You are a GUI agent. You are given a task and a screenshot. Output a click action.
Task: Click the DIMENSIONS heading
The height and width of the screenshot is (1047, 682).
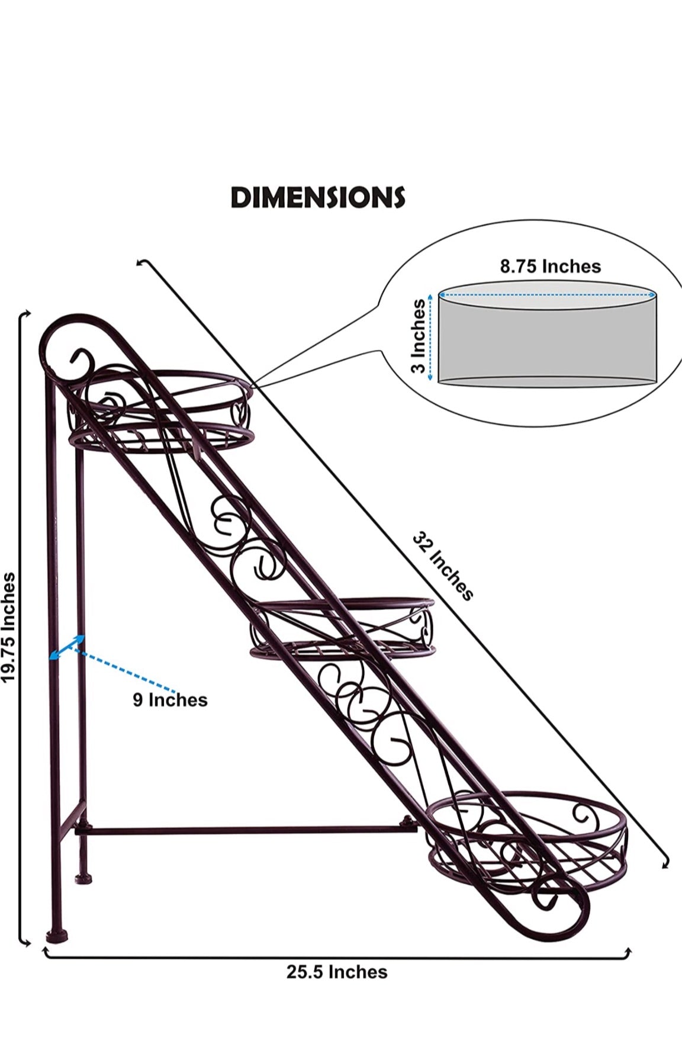coord(318,197)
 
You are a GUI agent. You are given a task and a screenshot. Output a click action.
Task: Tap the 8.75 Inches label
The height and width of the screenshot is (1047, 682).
coord(550,266)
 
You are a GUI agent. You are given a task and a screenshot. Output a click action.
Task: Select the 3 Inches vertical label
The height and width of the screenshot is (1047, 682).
coord(419,336)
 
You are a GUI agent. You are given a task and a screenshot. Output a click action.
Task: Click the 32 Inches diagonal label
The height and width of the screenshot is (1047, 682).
coord(443,567)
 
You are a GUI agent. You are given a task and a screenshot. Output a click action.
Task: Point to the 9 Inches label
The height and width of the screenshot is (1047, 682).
coord(170,700)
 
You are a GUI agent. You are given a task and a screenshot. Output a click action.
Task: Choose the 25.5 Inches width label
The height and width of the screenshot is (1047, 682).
coord(337,972)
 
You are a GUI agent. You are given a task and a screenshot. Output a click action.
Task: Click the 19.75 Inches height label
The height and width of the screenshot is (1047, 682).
coord(9,627)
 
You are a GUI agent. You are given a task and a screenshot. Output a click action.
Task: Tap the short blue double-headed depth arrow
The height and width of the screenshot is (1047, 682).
coord(66,647)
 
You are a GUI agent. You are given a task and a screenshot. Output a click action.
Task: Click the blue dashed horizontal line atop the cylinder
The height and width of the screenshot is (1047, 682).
coord(547,293)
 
